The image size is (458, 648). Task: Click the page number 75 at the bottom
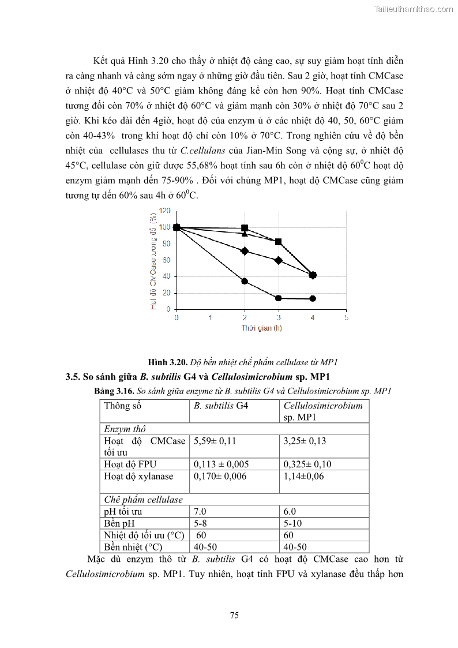[x=234, y=615]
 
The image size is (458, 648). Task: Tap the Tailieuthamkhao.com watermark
[x=414, y=9]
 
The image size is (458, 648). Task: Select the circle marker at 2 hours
[x=245, y=281]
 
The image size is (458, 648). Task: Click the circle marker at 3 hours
[x=278, y=298]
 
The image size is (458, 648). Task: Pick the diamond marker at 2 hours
[x=245, y=251]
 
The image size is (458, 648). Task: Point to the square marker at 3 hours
[x=278, y=242]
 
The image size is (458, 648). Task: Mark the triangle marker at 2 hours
[x=245, y=234]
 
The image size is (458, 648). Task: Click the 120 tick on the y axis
[x=165, y=211]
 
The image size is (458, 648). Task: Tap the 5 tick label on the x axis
[x=346, y=318]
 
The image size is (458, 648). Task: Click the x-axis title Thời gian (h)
[x=261, y=328]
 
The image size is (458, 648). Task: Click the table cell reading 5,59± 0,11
[x=215, y=441]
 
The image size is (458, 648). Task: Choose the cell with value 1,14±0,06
[x=304, y=476]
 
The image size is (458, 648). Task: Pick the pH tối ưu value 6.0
[x=290, y=511]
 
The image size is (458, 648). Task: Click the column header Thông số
[x=122, y=406]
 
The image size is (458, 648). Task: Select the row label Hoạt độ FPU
[x=130, y=464]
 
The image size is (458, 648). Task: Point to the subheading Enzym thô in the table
[x=125, y=429]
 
